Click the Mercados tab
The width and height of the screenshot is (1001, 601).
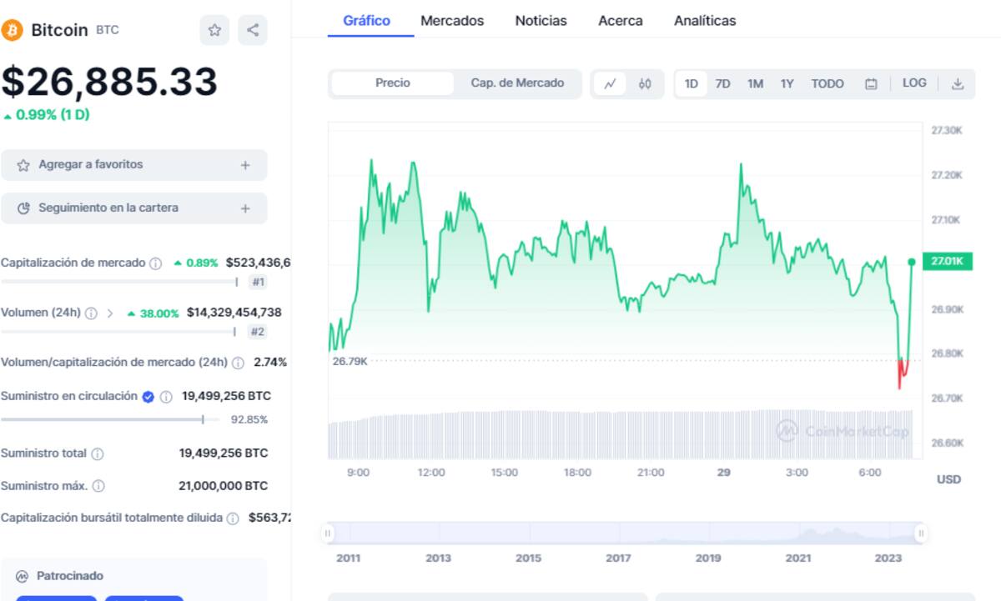point(452,21)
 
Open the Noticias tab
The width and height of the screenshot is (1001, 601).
point(541,21)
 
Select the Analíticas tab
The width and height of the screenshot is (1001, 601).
point(705,21)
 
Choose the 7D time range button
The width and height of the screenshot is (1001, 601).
point(722,83)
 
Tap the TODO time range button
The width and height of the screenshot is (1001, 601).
point(827,83)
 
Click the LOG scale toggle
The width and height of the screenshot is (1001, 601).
point(914,83)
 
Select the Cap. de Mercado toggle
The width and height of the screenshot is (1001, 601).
point(517,83)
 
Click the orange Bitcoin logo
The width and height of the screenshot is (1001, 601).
point(12,30)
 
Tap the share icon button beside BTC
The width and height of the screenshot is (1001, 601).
point(253,30)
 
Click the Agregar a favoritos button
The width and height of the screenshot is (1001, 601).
point(134,165)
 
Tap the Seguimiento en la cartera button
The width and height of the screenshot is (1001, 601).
point(134,208)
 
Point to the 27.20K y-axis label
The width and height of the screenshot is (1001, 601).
point(947,175)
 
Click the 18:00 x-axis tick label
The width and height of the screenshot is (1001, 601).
point(577,473)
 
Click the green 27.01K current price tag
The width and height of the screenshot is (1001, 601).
point(948,261)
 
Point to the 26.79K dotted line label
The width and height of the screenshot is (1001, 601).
point(350,361)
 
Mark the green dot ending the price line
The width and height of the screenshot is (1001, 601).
point(912,262)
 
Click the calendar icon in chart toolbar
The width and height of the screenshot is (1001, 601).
point(871,84)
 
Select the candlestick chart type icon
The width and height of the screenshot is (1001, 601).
point(645,83)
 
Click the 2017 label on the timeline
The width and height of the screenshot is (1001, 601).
point(618,558)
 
